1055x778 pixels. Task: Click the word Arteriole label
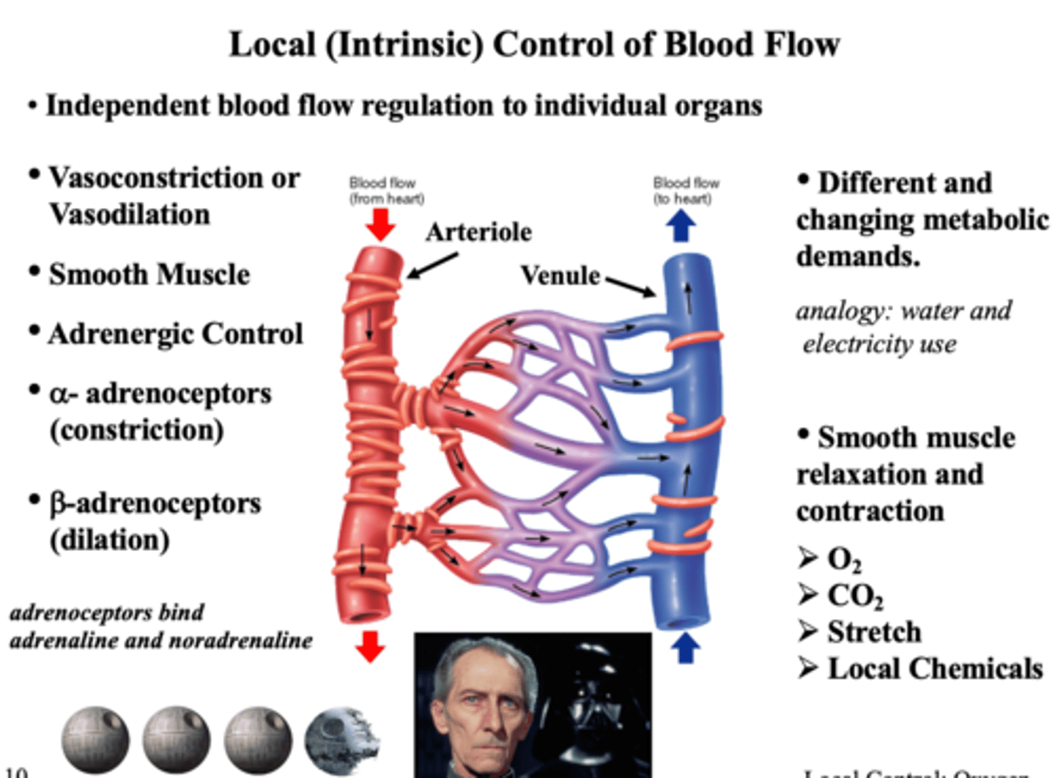[478, 232]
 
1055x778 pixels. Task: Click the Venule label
[560, 276]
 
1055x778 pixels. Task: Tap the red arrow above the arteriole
[380, 224]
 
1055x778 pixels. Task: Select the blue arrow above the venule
[681, 225]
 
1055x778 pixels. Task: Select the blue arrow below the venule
[685, 648]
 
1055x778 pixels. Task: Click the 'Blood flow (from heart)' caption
[385, 190]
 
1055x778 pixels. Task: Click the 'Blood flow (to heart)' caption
[686, 190]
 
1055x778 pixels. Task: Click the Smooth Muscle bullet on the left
[149, 275]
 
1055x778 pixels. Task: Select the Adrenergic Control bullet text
[175, 334]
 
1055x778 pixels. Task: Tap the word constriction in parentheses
[136, 430]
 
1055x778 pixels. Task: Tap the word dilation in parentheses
[110, 540]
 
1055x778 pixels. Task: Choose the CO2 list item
[854, 596]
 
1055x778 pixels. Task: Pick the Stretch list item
[873, 631]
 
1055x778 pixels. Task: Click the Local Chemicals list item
[934, 669]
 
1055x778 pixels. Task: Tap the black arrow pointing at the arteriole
[432, 265]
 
